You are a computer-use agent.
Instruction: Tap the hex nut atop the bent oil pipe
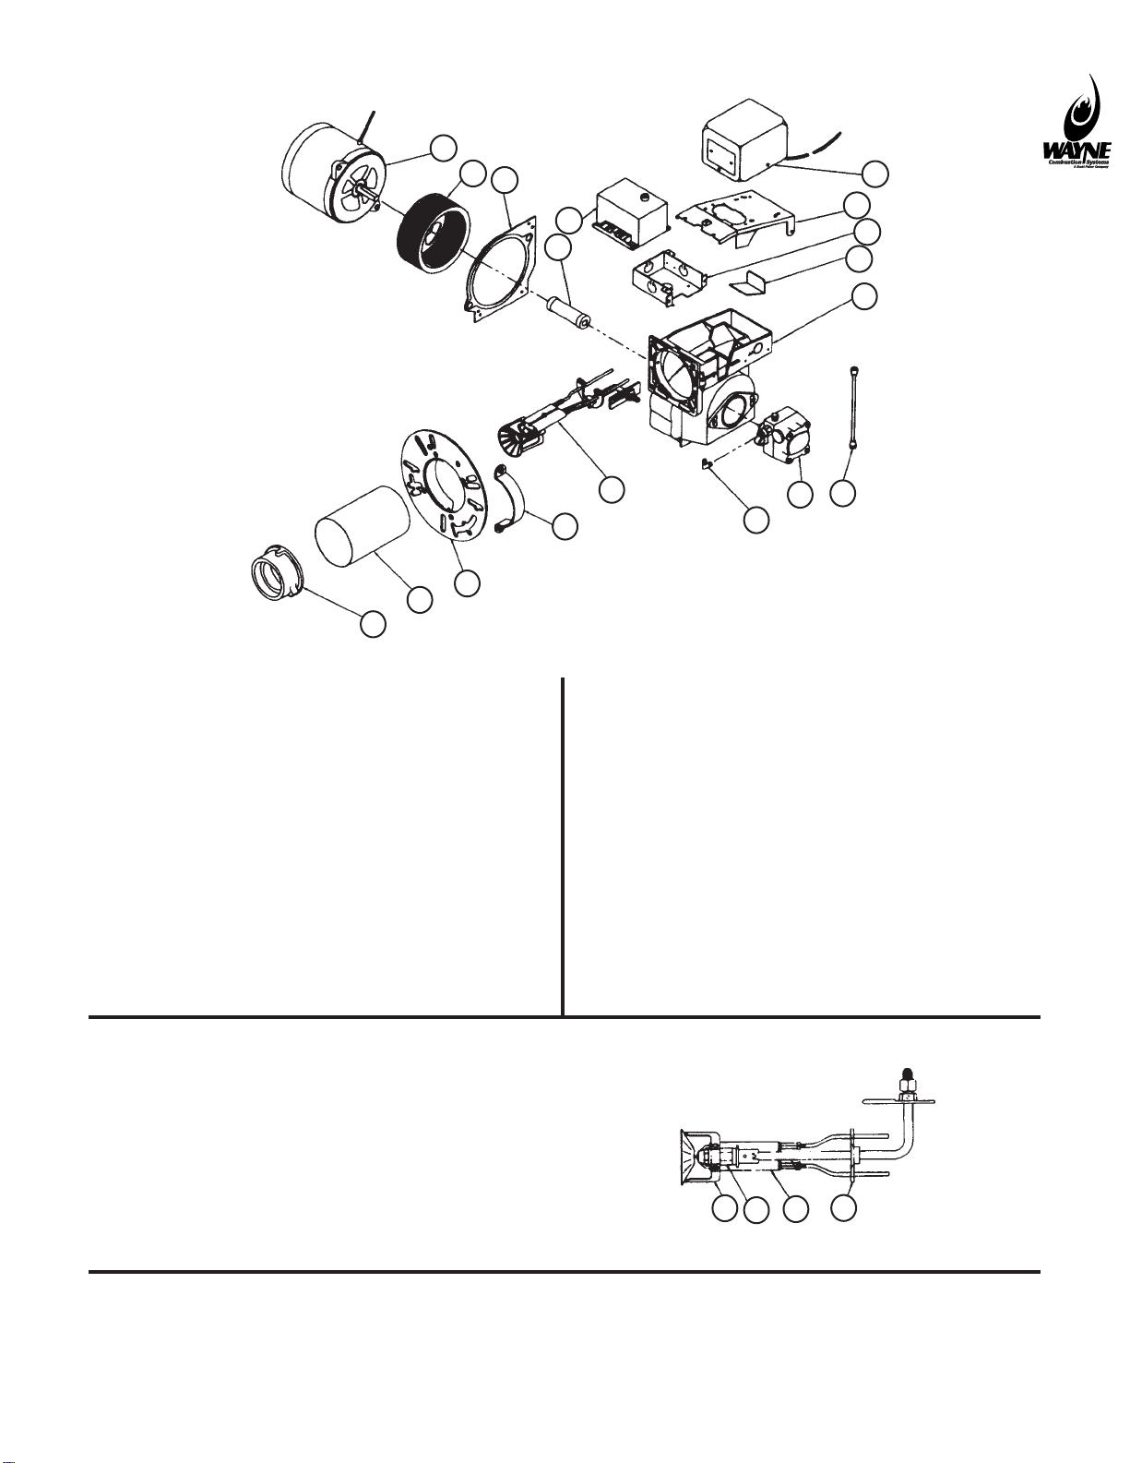pos(907,1078)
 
